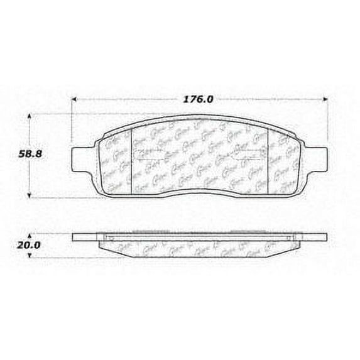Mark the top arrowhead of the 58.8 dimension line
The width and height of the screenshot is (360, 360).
[33, 116]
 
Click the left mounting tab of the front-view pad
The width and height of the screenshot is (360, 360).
[82, 155]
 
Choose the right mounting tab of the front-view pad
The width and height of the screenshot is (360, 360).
[318, 155]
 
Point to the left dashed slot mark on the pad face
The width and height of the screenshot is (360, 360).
[149, 158]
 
